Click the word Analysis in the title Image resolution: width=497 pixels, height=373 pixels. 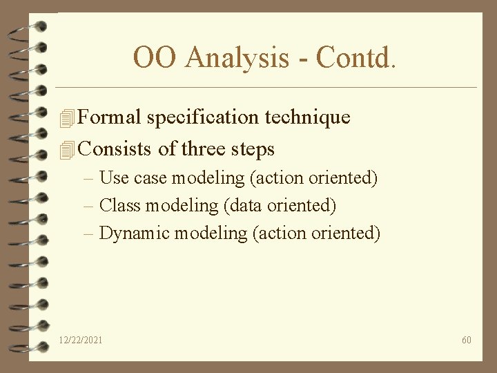coord(237,58)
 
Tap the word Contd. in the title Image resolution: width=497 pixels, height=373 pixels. coord(356,58)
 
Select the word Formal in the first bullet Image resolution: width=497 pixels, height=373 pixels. coord(110,117)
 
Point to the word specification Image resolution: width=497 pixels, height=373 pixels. coord(203,118)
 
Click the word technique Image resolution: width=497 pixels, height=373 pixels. coord(308,118)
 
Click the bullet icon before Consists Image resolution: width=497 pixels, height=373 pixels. coord(66,150)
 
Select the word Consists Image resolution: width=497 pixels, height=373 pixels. coord(115,149)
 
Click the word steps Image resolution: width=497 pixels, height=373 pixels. coord(255,150)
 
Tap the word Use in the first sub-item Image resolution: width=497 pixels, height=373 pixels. coord(114,178)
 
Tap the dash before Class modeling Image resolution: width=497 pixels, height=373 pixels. coord(88,206)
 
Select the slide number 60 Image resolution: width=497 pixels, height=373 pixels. coord(467,340)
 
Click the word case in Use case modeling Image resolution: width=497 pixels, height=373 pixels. coord(150,178)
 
